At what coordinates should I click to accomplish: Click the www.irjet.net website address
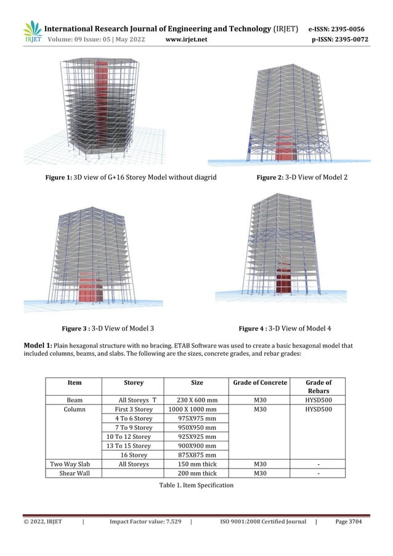187,40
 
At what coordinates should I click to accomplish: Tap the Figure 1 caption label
59,178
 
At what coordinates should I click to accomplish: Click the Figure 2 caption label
269,178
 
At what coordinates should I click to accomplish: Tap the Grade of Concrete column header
260,383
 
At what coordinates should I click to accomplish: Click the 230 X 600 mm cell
193,399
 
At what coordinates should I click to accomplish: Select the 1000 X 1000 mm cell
193,409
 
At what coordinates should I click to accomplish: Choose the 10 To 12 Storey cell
129,436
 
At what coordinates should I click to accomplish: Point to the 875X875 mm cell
193,455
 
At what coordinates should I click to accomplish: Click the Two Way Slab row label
70,464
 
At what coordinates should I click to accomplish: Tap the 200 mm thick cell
193,473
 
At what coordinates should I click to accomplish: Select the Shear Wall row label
75,473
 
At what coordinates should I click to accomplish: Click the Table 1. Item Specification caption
196,486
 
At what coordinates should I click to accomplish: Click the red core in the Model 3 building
94,287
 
